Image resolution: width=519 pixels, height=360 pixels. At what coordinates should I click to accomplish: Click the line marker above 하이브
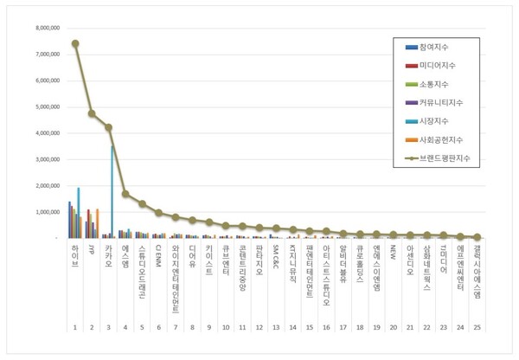75,43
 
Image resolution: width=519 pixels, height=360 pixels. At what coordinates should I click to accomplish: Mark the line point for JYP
92,113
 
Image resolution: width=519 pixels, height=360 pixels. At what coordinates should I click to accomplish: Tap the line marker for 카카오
109,127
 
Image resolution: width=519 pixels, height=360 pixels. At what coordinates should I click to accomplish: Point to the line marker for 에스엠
125,194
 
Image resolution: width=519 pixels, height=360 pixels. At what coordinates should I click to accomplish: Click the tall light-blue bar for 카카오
112,190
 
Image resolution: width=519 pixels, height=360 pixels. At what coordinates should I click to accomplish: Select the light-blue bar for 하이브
78,213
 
